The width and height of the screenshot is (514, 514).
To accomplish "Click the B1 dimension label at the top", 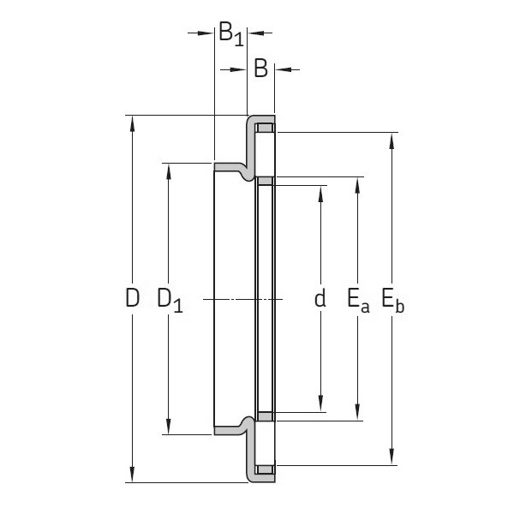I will (x=230, y=34).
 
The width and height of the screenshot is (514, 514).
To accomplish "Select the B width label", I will (x=261, y=69).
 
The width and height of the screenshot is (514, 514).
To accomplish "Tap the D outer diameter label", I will (x=132, y=299).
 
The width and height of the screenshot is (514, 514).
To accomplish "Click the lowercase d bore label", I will (x=320, y=299).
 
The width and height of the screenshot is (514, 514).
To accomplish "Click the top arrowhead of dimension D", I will (x=132, y=122).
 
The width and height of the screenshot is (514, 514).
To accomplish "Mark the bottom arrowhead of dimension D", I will (x=132, y=475).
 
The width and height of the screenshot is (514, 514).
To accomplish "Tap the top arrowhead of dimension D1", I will (x=170, y=169).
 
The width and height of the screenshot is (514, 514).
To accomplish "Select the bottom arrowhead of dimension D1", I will (x=170, y=428).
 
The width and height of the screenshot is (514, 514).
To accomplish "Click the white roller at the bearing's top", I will (x=266, y=128).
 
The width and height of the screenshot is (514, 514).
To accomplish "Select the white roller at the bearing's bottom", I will (x=266, y=469).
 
